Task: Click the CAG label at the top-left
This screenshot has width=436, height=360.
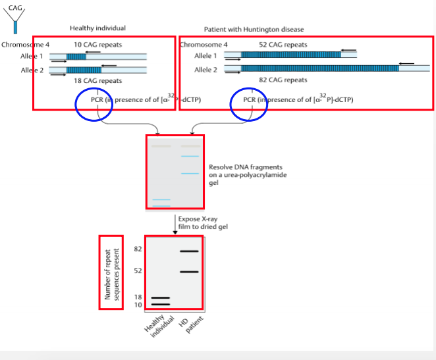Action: click(14, 7)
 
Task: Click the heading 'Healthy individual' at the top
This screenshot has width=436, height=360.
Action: click(97, 28)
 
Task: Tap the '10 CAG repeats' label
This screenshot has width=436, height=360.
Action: click(97, 45)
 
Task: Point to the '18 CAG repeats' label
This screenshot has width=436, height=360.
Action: click(98, 80)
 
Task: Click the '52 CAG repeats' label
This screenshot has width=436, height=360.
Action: click(283, 45)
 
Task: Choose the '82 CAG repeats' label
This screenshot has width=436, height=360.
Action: click(283, 80)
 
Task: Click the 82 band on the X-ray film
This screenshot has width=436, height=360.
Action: click(189, 251)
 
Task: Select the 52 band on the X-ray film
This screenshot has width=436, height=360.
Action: click(189, 272)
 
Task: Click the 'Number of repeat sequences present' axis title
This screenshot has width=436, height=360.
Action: click(111, 272)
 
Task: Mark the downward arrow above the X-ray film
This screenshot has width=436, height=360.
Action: click(175, 228)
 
